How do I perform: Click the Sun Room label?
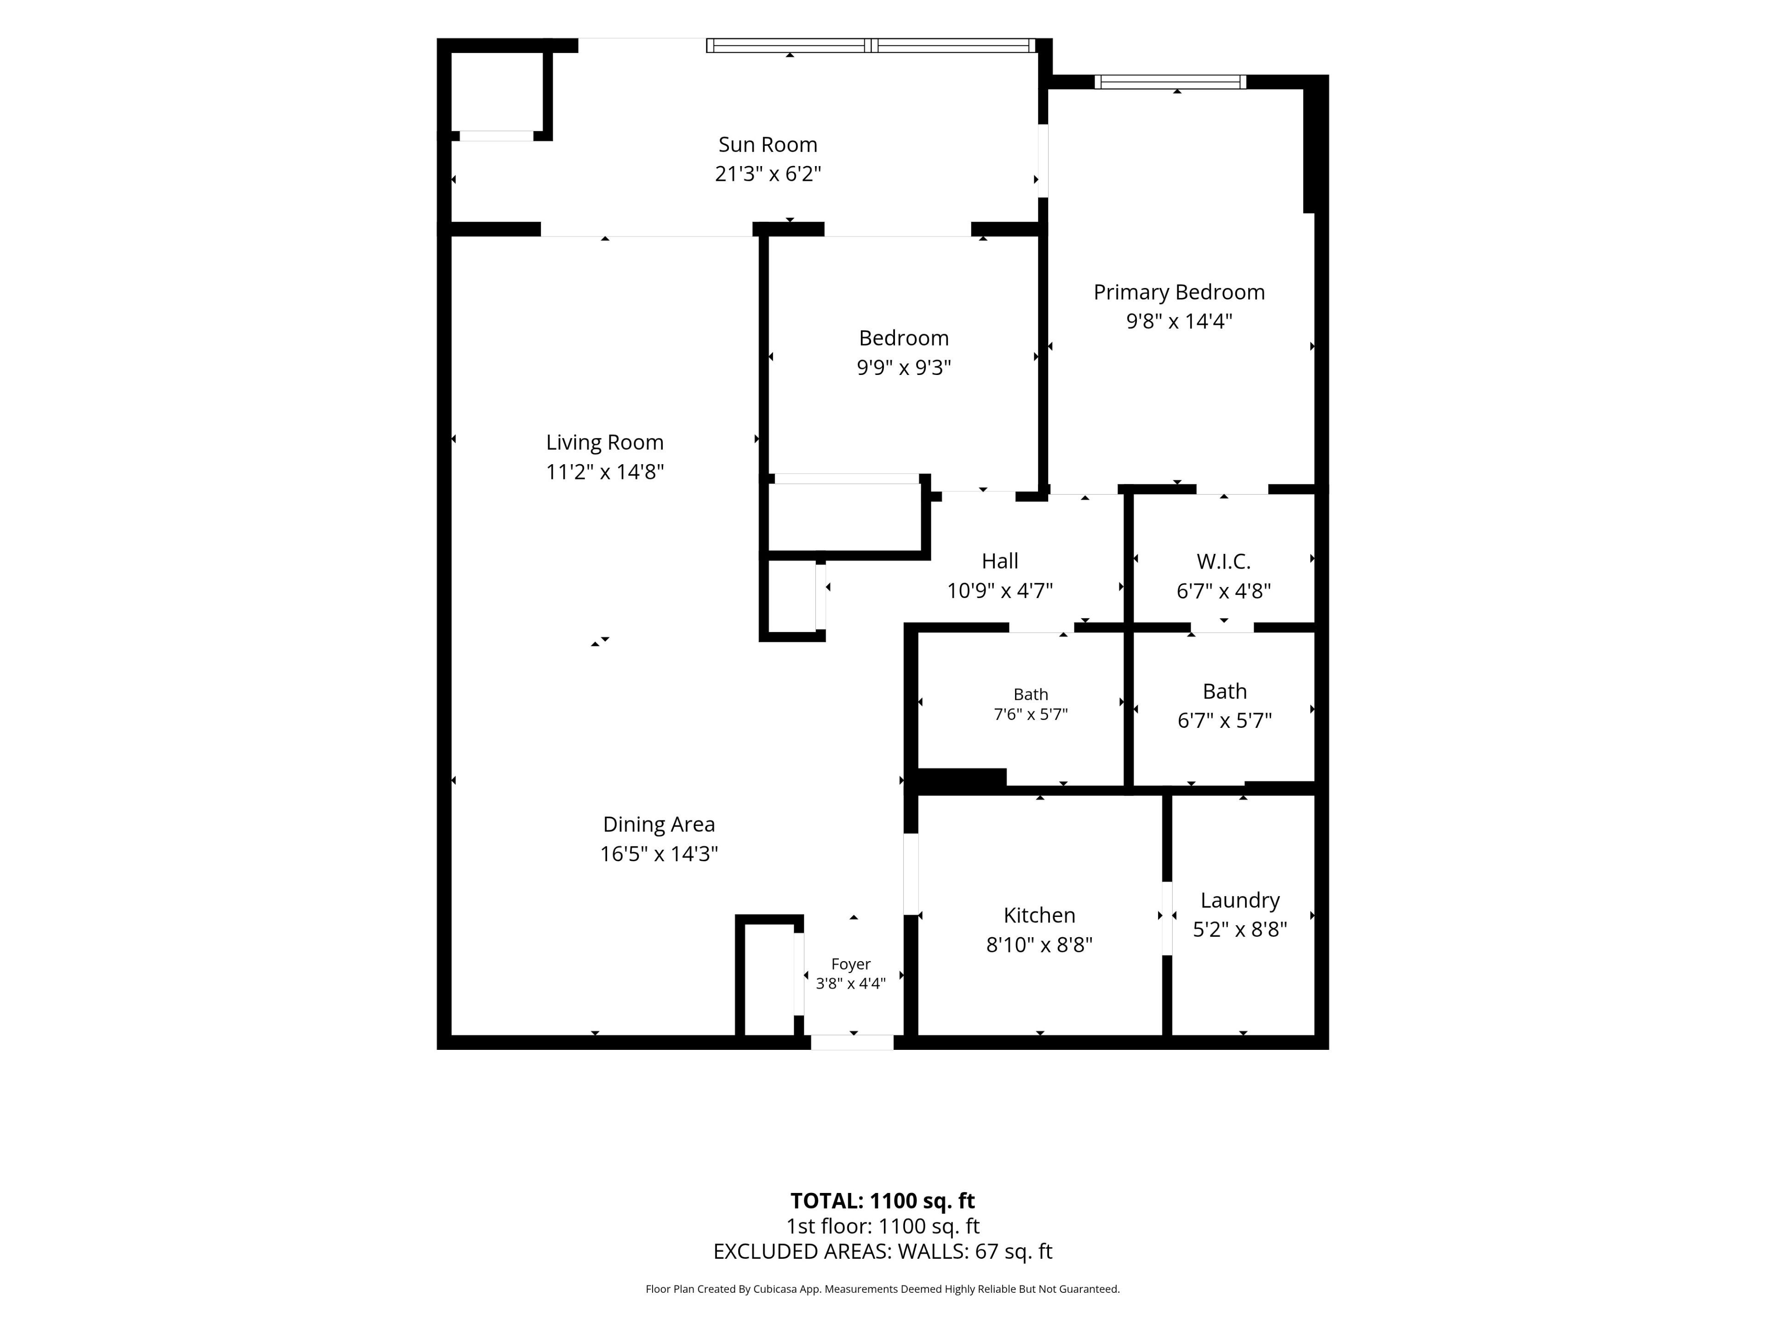(768, 144)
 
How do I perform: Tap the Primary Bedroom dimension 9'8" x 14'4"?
(1179, 321)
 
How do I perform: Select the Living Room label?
(604, 443)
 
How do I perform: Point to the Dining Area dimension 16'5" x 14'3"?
(659, 854)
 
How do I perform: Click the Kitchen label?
(1039, 915)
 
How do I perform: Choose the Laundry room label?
(1240, 900)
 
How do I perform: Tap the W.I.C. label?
(1223, 561)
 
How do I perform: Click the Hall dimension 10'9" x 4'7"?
(999, 591)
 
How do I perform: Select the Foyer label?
(851, 964)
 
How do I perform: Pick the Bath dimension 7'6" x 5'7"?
(1031, 714)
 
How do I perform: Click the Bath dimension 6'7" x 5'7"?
(1225, 720)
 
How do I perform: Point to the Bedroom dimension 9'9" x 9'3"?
(904, 368)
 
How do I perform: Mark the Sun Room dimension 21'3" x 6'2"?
(768, 174)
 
